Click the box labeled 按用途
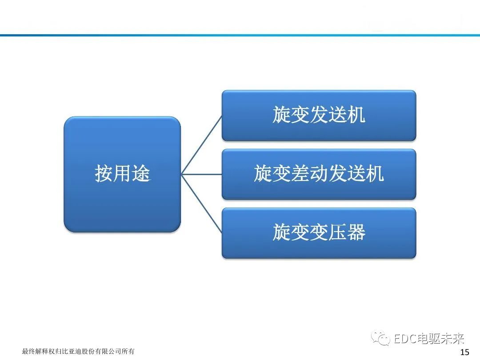coord(122,174)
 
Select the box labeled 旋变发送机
coord(319,116)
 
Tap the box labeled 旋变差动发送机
coord(319,174)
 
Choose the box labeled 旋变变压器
coord(319,232)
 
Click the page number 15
coord(464,352)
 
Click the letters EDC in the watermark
coord(404,340)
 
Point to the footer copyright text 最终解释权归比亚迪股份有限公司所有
coord(78,352)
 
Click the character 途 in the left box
coord(141,174)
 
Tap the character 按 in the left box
coord(104,174)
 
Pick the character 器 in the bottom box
coord(356,232)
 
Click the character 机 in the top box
coord(356,116)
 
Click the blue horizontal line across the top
coord(240,35)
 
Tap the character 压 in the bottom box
coord(337,232)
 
